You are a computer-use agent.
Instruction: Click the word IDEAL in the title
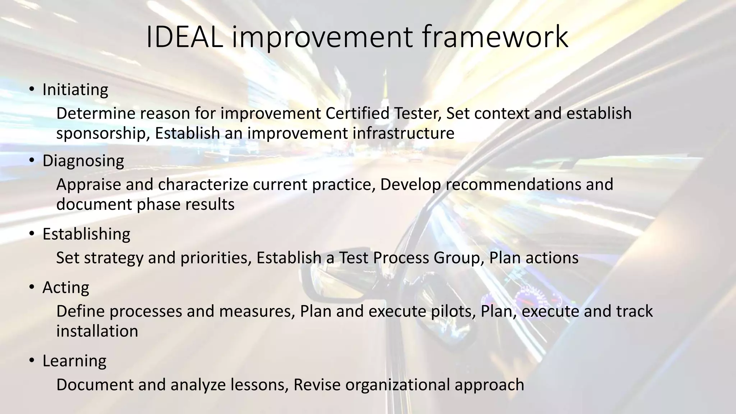click(184, 37)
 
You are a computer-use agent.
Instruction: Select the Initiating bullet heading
click(75, 90)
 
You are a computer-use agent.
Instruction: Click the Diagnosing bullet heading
click(83, 161)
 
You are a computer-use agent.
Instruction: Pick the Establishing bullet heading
click(86, 234)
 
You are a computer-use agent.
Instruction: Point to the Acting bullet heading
click(66, 288)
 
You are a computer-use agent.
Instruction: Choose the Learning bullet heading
click(74, 361)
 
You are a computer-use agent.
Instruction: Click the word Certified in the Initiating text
click(357, 114)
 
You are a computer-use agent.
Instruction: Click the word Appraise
click(88, 185)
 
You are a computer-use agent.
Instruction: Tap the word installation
click(97, 331)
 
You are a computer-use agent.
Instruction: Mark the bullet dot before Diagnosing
click(32, 160)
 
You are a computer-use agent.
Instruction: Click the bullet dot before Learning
click(32, 360)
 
